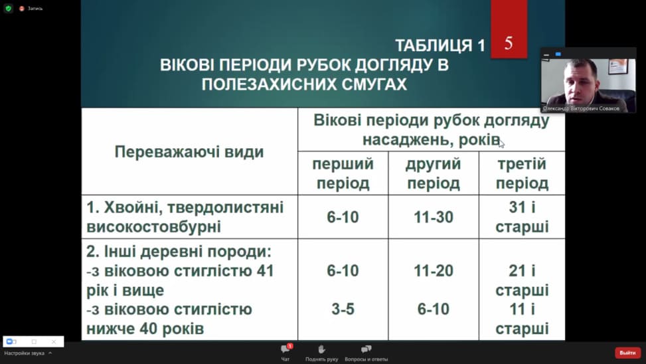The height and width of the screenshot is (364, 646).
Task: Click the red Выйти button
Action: point(627,353)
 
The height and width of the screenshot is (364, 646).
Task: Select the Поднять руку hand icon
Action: point(321,349)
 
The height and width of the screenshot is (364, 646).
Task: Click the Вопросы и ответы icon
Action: point(366,349)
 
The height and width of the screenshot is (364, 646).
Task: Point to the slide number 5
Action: point(509,43)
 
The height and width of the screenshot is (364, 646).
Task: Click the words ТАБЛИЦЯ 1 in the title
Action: point(440,45)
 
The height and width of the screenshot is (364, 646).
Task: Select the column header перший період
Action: point(343,173)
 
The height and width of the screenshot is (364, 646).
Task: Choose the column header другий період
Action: point(434,173)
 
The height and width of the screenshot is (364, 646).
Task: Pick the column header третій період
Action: point(522,173)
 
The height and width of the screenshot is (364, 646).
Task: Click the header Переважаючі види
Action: point(189,151)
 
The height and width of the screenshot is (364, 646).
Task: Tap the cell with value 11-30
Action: point(434,217)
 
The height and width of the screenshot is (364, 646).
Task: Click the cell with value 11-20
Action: point(434,271)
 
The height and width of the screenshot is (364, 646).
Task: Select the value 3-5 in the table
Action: point(343,309)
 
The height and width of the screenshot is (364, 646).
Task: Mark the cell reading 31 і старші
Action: point(522,217)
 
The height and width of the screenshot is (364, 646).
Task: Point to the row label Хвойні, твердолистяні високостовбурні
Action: point(185,217)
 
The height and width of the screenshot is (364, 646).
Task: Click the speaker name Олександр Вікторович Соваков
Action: point(581,108)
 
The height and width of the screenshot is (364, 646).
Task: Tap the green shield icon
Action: point(8,8)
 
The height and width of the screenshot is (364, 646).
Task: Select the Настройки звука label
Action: point(25,353)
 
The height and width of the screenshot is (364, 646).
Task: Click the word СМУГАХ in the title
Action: point(374,84)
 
